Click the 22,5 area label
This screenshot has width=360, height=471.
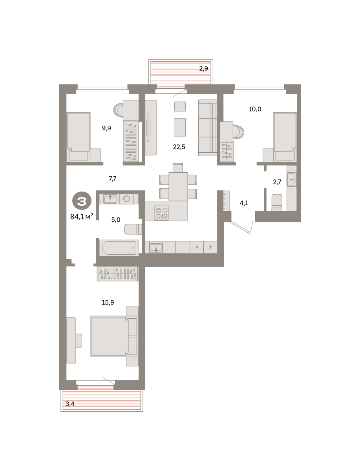pyautogui.click(x=179, y=147)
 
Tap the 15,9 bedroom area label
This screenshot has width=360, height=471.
pyautogui.click(x=108, y=303)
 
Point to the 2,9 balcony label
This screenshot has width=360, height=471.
pyautogui.click(x=203, y=69)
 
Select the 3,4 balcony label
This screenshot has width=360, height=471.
pyautogui.click(x=70, y=404)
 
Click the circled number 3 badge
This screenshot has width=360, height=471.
pyautogui.click(x=82, y=201)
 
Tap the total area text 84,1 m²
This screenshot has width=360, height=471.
pyautogui.click(x=82, y=217)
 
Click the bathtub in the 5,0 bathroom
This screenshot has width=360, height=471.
pyautogui.click(x=119, y=248)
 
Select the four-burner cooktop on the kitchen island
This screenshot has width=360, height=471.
pyautogui.click(x=162, y=213)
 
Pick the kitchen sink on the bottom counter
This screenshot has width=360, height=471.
pyautogui.click(x=156, y=248)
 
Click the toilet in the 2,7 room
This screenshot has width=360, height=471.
pyautogui.click(x=277, y=203)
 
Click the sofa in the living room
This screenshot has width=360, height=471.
pyautogui.click(x=208, y=128)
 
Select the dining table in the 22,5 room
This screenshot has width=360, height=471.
pyautogui.click(x=178, y=186)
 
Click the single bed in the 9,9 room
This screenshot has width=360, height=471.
pyautogui.click(x=79, y=137)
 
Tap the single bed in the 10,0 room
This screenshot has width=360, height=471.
pyautogui.click(x=285, y=137)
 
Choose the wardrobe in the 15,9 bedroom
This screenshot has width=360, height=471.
pyautogui.click(x=117, y=274)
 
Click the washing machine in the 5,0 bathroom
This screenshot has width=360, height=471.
pyautogui.click(x=126, y=199)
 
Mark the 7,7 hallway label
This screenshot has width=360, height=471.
pyautogui.click(x=112, y=179)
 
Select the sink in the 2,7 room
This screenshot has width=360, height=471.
pyautogui.click(x=292, y=179)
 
